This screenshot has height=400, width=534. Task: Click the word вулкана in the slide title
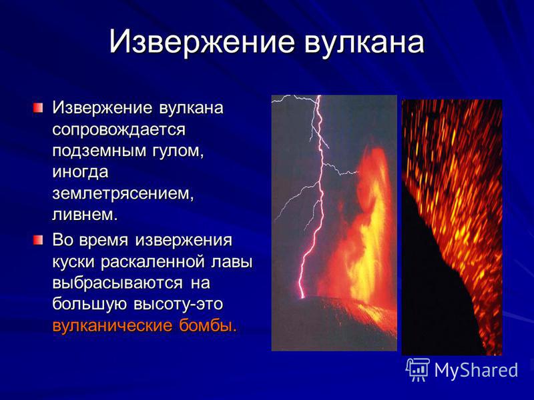(364, 42)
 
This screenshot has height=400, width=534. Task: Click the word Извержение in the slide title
(202, 42)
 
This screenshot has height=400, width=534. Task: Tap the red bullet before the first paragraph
(38, 109)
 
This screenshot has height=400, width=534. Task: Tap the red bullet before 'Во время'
(38, 241)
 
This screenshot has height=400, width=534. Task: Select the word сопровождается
(119, 130)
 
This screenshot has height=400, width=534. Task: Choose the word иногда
(80, 172)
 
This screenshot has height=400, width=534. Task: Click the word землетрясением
(123, 194)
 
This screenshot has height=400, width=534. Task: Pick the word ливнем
(85, 215)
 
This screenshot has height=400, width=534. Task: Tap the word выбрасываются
(117, 283)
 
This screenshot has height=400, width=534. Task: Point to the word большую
(90, 304)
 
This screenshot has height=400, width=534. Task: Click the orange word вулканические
(112, 325)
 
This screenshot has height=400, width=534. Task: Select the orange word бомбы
(208, 325)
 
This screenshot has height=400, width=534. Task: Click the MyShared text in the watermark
(476, 371)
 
